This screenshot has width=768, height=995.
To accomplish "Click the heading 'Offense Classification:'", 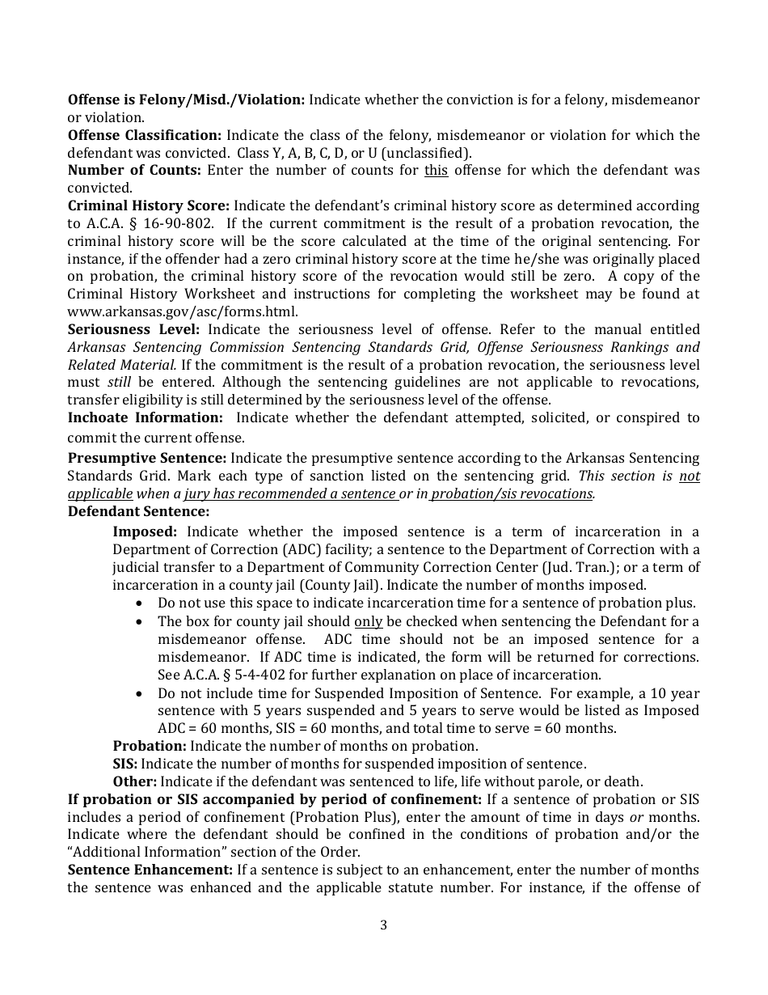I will (144, 135).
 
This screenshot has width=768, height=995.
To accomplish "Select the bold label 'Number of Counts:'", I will (134, 170).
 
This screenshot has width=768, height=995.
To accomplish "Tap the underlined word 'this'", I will (436, 170).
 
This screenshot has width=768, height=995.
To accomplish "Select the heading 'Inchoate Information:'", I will (145, 417).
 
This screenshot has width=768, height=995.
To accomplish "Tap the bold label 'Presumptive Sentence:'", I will (146, 458).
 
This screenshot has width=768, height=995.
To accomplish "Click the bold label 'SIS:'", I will (125, 764).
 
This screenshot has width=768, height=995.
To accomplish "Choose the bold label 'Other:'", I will (134, 781).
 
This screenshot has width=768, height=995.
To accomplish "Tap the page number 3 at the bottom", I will (383, 925).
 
